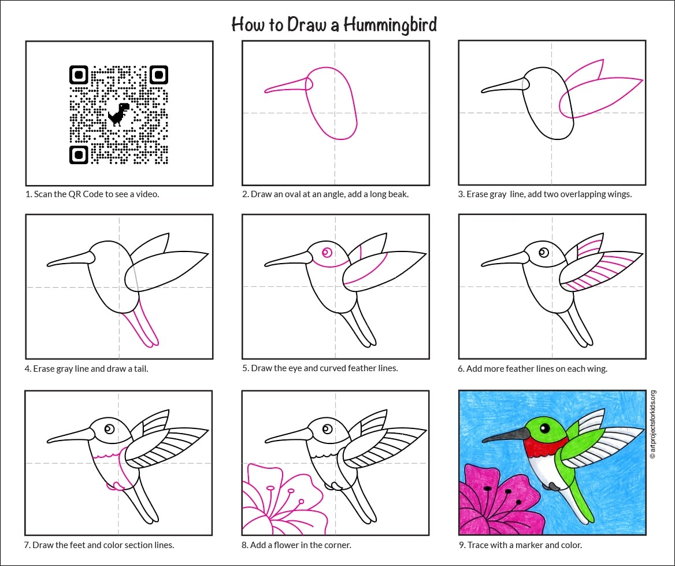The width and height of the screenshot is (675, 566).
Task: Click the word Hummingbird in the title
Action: coord(390,25)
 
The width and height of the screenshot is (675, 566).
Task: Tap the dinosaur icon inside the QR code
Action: coord(118,114)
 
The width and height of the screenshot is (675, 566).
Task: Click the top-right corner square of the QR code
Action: coord(159,75)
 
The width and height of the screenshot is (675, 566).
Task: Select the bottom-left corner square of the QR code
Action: coord(79,154)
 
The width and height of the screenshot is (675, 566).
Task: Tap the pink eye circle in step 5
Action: coord(327,253)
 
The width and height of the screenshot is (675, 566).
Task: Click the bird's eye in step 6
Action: coord(544,253)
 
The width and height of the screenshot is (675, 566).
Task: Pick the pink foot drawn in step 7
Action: coord(116,486)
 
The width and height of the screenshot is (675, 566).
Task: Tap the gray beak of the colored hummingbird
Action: coord(506,435)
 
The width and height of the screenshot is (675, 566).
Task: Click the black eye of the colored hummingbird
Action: coord(544,428)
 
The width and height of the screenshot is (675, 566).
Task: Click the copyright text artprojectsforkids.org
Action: coord(654,424)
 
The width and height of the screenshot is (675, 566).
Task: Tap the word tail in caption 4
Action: coord(141,369)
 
